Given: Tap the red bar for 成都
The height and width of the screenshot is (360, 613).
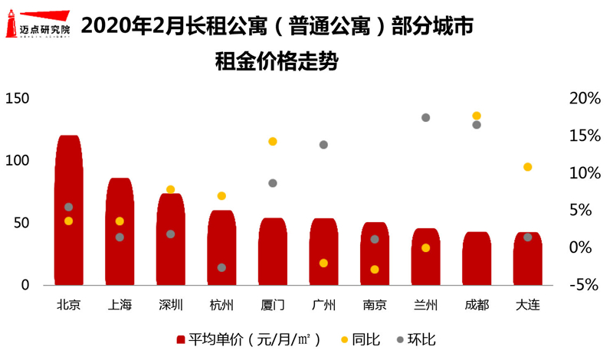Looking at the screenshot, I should pyautogui.click(x=477, y=258).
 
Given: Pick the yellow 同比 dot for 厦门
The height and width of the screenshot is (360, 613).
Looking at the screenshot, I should pyautogui.click(x=273, y=142).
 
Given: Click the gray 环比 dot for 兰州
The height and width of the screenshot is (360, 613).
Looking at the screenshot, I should pyautogui.click(x=425, y=117).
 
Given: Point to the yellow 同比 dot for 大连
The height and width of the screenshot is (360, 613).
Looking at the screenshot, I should pyautogui.click(x=527, y=167).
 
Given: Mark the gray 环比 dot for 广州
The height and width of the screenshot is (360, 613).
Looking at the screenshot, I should pyautogui.click(x=323, y=145).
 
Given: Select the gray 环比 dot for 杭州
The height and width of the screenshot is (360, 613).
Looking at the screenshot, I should pyautogui.click(x=221, y=267).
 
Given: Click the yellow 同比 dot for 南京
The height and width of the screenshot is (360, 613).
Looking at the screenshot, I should pyautogui.click(x=375, y=270).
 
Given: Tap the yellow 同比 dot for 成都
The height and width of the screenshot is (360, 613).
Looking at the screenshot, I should pyautogui.click(x=477, y=116).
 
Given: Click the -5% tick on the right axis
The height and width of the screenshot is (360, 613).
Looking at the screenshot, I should pyautogui.click(x=585, y=284).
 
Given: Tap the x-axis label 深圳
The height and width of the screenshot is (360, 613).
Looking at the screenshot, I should pyautogui.click(x=170, y=305).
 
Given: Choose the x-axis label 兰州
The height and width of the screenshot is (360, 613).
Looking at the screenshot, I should pyautogui.click(x=425, y=305).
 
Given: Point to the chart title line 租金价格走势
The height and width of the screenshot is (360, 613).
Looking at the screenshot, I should pyautogui.click(x=277, y=61).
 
